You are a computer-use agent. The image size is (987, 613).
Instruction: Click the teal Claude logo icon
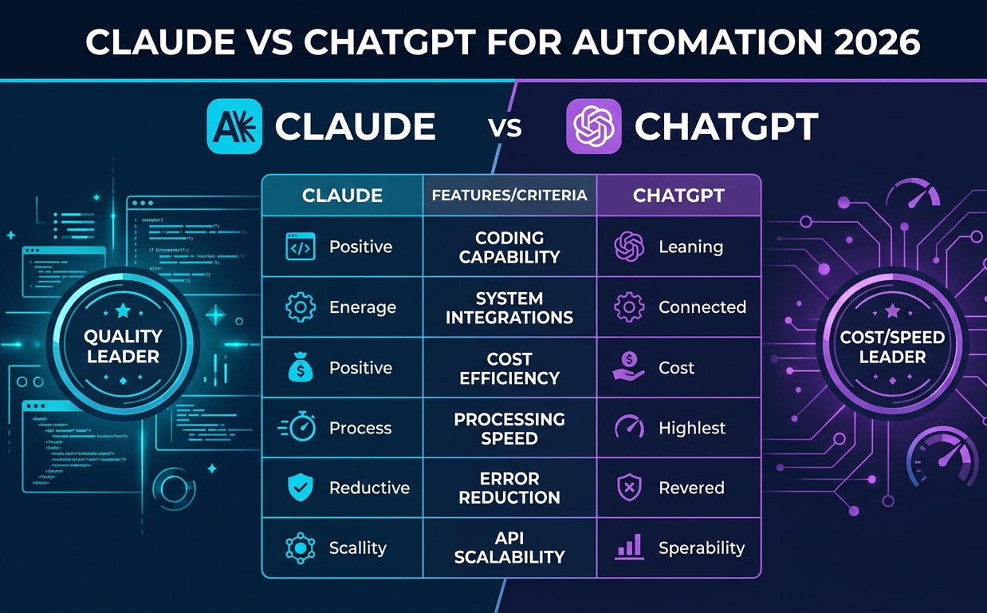click(x=234, y=126)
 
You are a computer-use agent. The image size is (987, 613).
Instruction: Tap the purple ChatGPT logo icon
click(x=592, y=126)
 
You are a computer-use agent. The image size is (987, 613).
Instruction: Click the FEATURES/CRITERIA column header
click(x=509, y=195)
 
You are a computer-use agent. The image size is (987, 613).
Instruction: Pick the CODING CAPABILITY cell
click(x=509, y=247)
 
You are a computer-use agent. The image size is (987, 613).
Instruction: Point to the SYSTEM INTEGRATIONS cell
click(x=509, y=308)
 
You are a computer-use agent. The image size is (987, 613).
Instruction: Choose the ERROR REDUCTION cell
click(x=509, y=488)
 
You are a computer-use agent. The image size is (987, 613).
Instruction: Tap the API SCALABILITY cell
click(x=509, y=548)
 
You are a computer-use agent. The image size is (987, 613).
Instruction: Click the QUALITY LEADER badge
click(x=123, y=346)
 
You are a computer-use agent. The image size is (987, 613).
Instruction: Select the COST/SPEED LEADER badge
click(x=892, y=346)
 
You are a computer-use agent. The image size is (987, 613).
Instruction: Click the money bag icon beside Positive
click(x=300, y=368)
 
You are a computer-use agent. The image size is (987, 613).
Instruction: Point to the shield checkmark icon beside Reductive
click(x=300, y=488)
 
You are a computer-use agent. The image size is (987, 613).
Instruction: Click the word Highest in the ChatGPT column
click(x=692, y=428)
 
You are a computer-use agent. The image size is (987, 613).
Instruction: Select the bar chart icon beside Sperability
click(x=629, y=548)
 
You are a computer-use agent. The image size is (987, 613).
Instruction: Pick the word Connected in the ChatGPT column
click(x=702, y=307)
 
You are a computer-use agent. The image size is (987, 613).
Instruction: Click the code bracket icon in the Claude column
click(x=300, y=247)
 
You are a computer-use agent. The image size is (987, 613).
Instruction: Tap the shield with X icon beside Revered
click(x=629, y=488)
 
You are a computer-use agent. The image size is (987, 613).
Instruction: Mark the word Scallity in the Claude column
click(x=358, y=548)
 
